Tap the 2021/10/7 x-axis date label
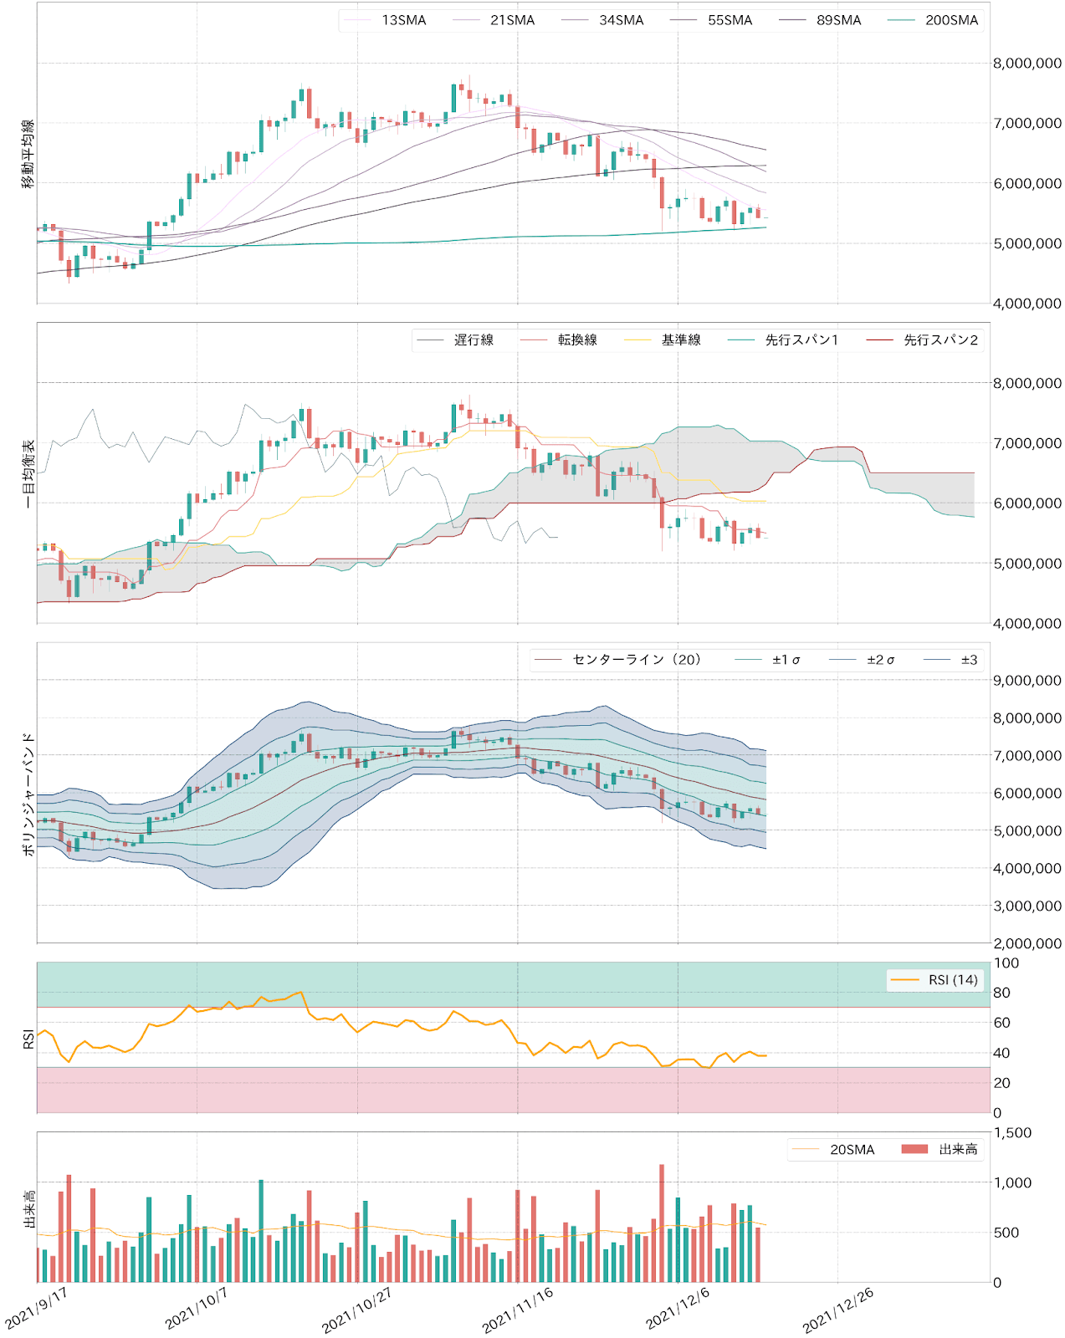(x=196, y=1309)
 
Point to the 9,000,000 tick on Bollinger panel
(x=1027, y=681)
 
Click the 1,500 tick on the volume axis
(x=1011, y=1133)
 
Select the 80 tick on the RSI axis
(x=1001, y=993)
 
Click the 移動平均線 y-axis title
(x=28, y=154)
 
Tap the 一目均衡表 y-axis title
(x=28, y=473)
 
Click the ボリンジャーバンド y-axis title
(x=28, y=793)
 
